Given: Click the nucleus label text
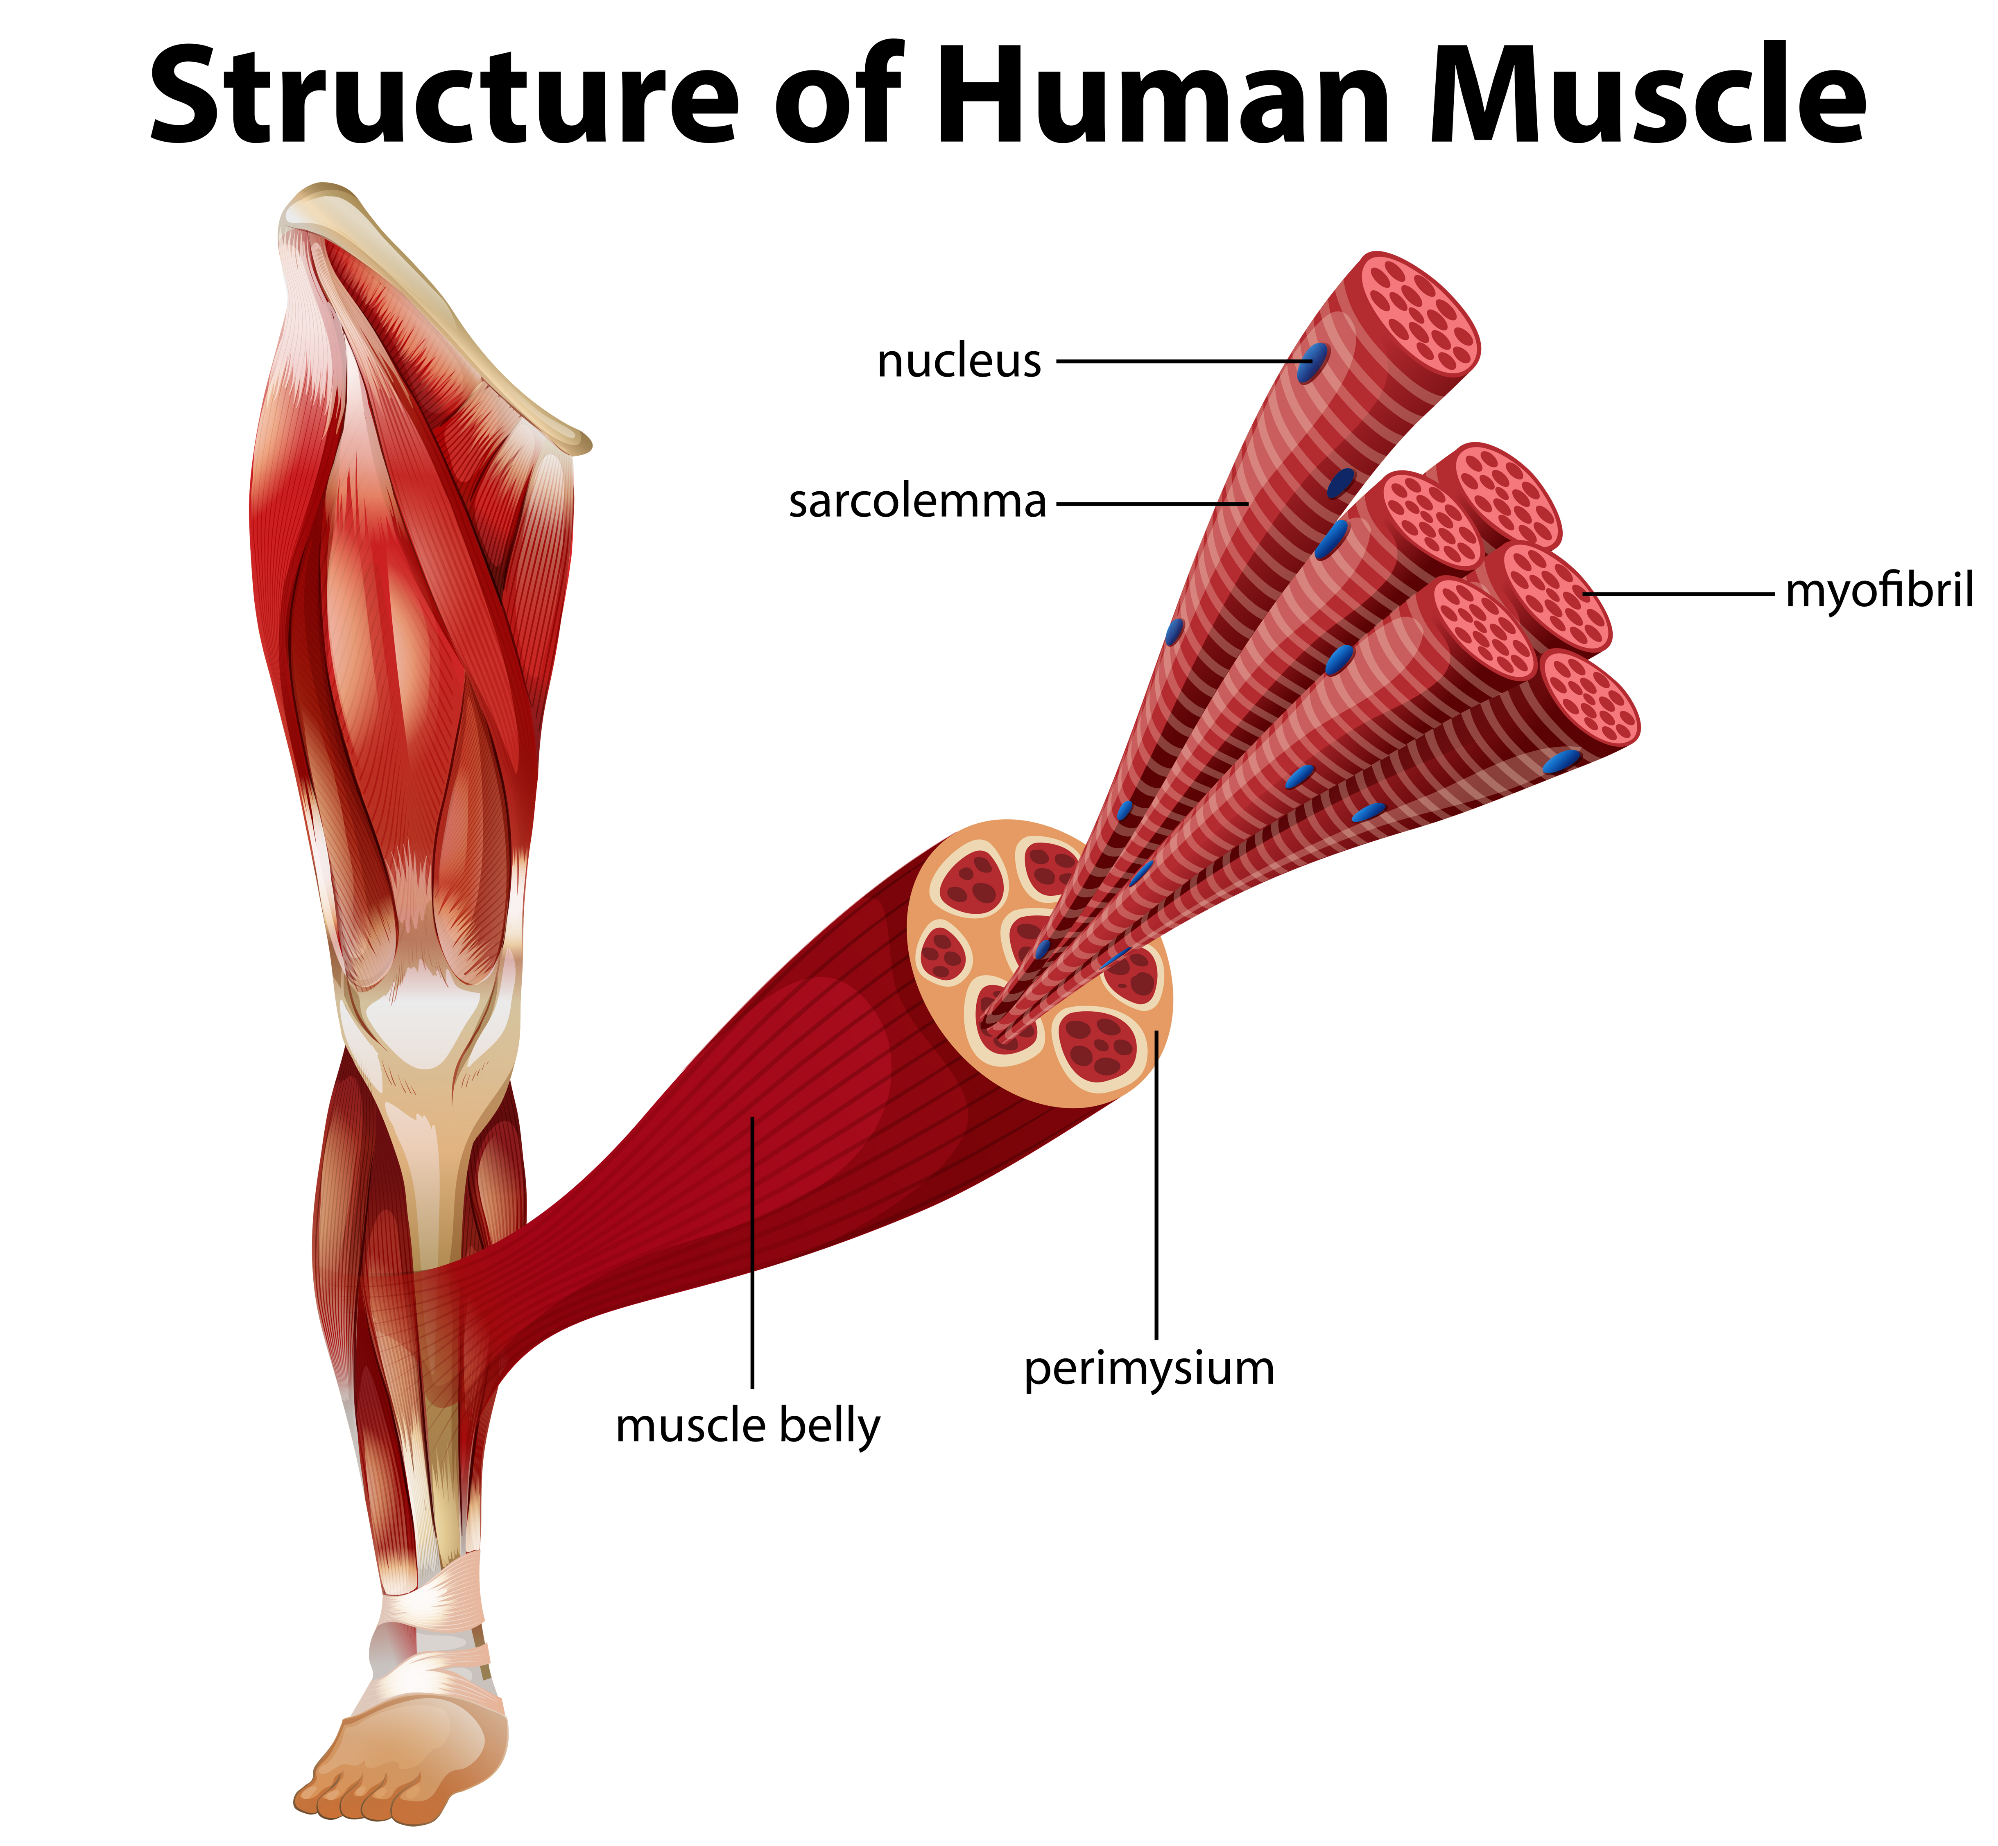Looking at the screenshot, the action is (x=959, y=362).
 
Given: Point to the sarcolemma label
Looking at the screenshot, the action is (x=917, y=502).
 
